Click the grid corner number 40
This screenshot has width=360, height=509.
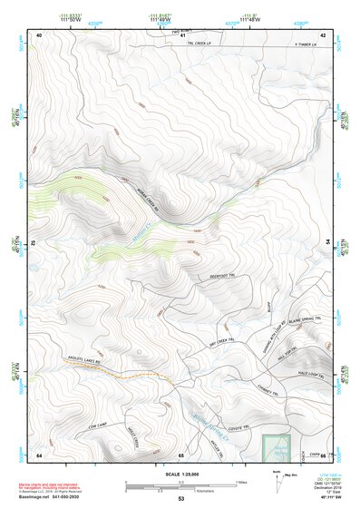coord(39,34)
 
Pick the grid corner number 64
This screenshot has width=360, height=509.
coord(39,454)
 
